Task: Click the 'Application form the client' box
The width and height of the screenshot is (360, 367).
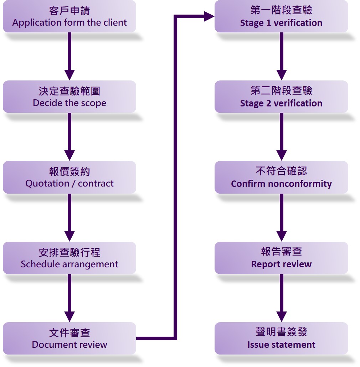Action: tap(70, 16)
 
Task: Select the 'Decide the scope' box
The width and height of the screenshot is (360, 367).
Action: tap(70, 97)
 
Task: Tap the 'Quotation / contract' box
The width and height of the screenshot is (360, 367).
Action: tap(70, 177)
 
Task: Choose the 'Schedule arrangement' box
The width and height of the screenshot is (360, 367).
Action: tap(70, 258)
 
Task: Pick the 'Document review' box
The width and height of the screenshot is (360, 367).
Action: tap(70, 339)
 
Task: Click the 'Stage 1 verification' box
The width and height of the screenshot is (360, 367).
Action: tap(281, 16)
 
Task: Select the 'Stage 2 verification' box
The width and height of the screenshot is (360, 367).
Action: tap(281, 97)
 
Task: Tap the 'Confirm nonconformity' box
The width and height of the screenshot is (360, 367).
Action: tap(281, 177)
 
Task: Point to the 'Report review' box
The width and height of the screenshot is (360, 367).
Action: tap(281, 258)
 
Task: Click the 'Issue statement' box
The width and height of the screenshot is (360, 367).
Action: tap(281, 339)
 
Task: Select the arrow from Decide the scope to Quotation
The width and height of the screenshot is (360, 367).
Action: tap(70, 137)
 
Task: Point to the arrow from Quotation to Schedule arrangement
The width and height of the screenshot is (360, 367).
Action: tap(70, 217)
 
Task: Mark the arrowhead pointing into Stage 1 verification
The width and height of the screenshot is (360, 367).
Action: tap(209, 16)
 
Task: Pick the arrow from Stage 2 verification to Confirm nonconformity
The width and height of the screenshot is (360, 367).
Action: tap(281, 137)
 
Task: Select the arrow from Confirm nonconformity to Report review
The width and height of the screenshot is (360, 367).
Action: tap(281, 217)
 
